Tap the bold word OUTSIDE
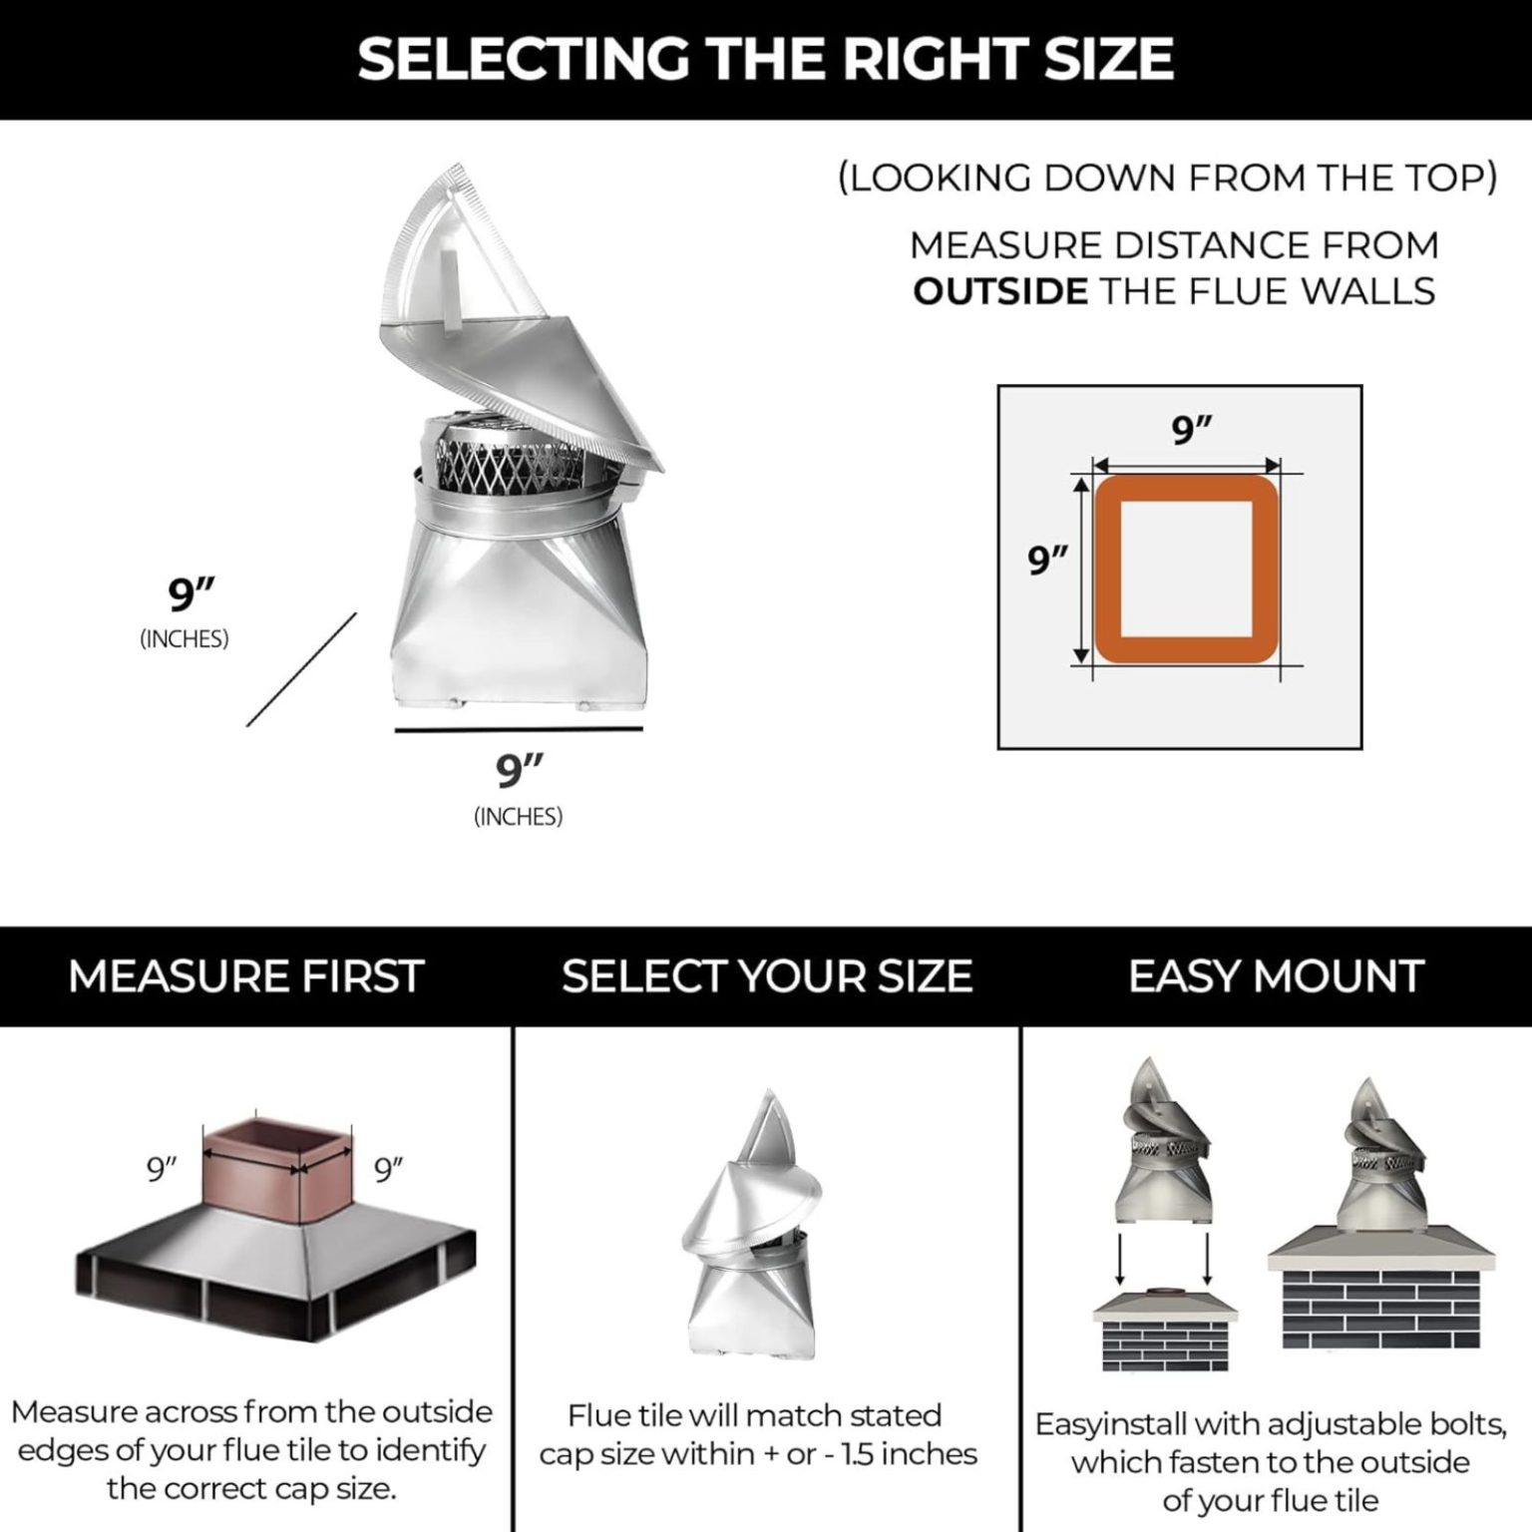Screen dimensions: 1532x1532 point(1000,291)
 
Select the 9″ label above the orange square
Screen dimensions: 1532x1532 point(1191,431)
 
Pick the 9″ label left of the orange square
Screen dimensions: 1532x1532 point(1048,562)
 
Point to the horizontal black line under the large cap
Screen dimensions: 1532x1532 point(519,730)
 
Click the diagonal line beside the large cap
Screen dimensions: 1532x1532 point(301,669)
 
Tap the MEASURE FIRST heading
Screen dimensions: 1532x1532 point(246,976)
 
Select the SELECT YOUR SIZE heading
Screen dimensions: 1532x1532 point(766,976)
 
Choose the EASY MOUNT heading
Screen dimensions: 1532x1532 point(1276,976)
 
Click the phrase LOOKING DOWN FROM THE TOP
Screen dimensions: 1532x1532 point(1167,178)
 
